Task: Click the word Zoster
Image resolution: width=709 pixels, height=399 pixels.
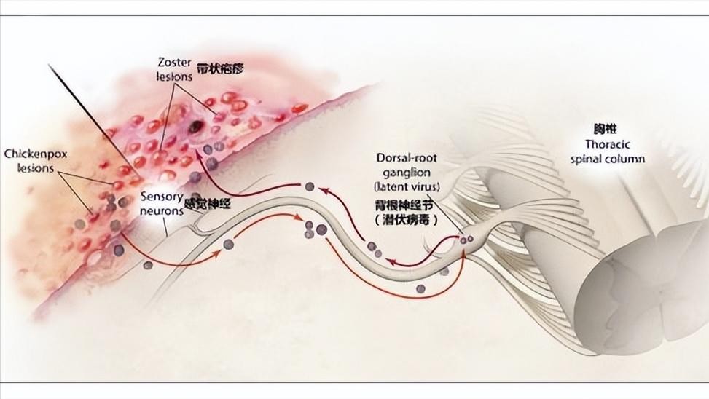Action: click(173, 62)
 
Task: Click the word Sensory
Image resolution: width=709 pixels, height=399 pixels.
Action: click(161, 196)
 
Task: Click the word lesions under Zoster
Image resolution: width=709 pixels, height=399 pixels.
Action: click(173, 75)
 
